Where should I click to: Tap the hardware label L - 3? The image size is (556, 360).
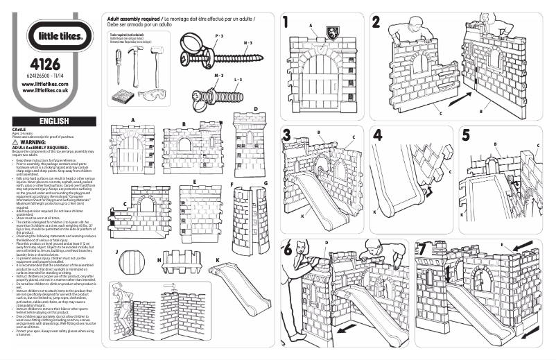click(x=237, y=80)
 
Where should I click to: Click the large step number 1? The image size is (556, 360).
click(x=286, y=22)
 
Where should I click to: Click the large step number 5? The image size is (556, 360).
click(x=466, y=135)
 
